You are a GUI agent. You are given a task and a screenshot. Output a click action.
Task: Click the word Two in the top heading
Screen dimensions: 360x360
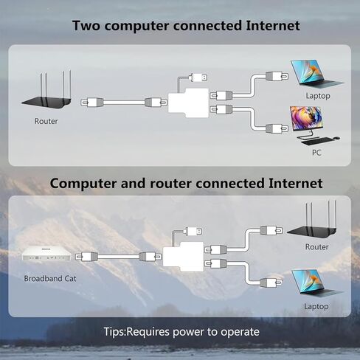click(86, 26)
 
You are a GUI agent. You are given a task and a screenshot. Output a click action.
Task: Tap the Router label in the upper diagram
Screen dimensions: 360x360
click(46, 121)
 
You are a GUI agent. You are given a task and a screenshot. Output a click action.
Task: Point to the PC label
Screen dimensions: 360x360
click(316, 153)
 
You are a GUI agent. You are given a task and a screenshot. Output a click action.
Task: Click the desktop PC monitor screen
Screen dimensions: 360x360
click(305, 118)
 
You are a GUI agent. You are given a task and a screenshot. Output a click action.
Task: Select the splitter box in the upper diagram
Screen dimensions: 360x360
click(188, 103)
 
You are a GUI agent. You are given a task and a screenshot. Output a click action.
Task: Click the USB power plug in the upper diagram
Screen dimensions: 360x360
click(198, 77)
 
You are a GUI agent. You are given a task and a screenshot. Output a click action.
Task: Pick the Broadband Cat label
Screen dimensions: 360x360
click(50, 278)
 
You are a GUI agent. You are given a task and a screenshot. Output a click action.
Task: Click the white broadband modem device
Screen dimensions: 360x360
click(46, 254)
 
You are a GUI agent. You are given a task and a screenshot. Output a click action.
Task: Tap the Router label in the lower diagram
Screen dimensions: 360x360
click(316, 246)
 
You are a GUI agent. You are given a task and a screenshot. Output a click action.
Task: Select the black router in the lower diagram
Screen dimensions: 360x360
click(312, 223)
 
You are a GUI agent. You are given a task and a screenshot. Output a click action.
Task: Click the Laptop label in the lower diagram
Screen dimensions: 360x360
click(316, 306)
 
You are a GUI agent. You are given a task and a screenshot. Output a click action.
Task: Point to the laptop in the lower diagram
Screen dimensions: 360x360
click(317, 283)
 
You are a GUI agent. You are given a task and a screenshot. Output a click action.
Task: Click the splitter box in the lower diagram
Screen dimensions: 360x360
click(183, 257)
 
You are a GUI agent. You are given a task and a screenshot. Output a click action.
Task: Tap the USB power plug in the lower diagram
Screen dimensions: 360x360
click(193, 231)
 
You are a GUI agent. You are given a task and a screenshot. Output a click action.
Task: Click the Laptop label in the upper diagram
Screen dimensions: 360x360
click(318, 96)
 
